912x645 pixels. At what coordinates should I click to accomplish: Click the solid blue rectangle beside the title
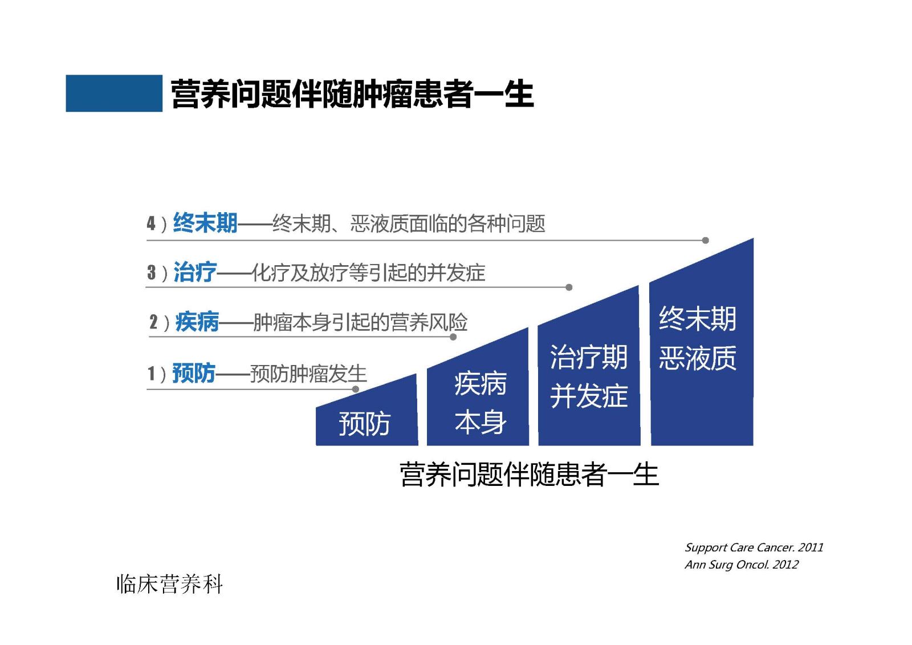click(x=114, y=94)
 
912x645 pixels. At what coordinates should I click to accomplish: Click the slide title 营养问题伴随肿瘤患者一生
click(x=352, y=94)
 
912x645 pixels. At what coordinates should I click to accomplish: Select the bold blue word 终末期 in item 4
click(x=205, y=223)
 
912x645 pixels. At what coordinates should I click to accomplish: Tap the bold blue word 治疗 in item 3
click(x=195, y=272)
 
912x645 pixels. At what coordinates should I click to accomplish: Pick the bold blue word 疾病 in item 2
click(x=197, y=322)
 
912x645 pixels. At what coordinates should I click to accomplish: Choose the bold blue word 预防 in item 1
click(x=194, y=373)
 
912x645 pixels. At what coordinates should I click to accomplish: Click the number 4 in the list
click(x=151, y=224)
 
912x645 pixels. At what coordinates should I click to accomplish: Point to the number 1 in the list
click(x=151, y=374)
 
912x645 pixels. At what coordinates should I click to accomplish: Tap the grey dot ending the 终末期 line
click(x=706, y=241)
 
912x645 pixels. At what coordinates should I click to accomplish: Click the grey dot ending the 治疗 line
click(x=569, y=287)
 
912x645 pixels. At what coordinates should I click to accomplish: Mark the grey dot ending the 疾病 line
click(x=453, y=337)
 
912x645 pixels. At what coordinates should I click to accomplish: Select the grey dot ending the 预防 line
click(x=356, y=389)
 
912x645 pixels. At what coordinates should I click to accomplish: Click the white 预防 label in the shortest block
click(x=364, y=424)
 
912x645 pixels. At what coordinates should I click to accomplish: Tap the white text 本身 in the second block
click(x=481, y=422)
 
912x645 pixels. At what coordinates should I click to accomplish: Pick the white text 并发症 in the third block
click(x=589, y=396)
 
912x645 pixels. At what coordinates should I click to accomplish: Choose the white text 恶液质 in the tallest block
click(x=698, y=358)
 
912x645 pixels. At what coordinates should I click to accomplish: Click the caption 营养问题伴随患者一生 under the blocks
click(x=529, y=474)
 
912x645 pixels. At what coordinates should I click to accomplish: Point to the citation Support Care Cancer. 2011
click(x=754, y=547)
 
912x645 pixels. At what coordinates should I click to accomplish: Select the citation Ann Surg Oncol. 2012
click(x=742, y=565)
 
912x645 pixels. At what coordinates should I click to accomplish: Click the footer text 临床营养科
click(x=169, y=585)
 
